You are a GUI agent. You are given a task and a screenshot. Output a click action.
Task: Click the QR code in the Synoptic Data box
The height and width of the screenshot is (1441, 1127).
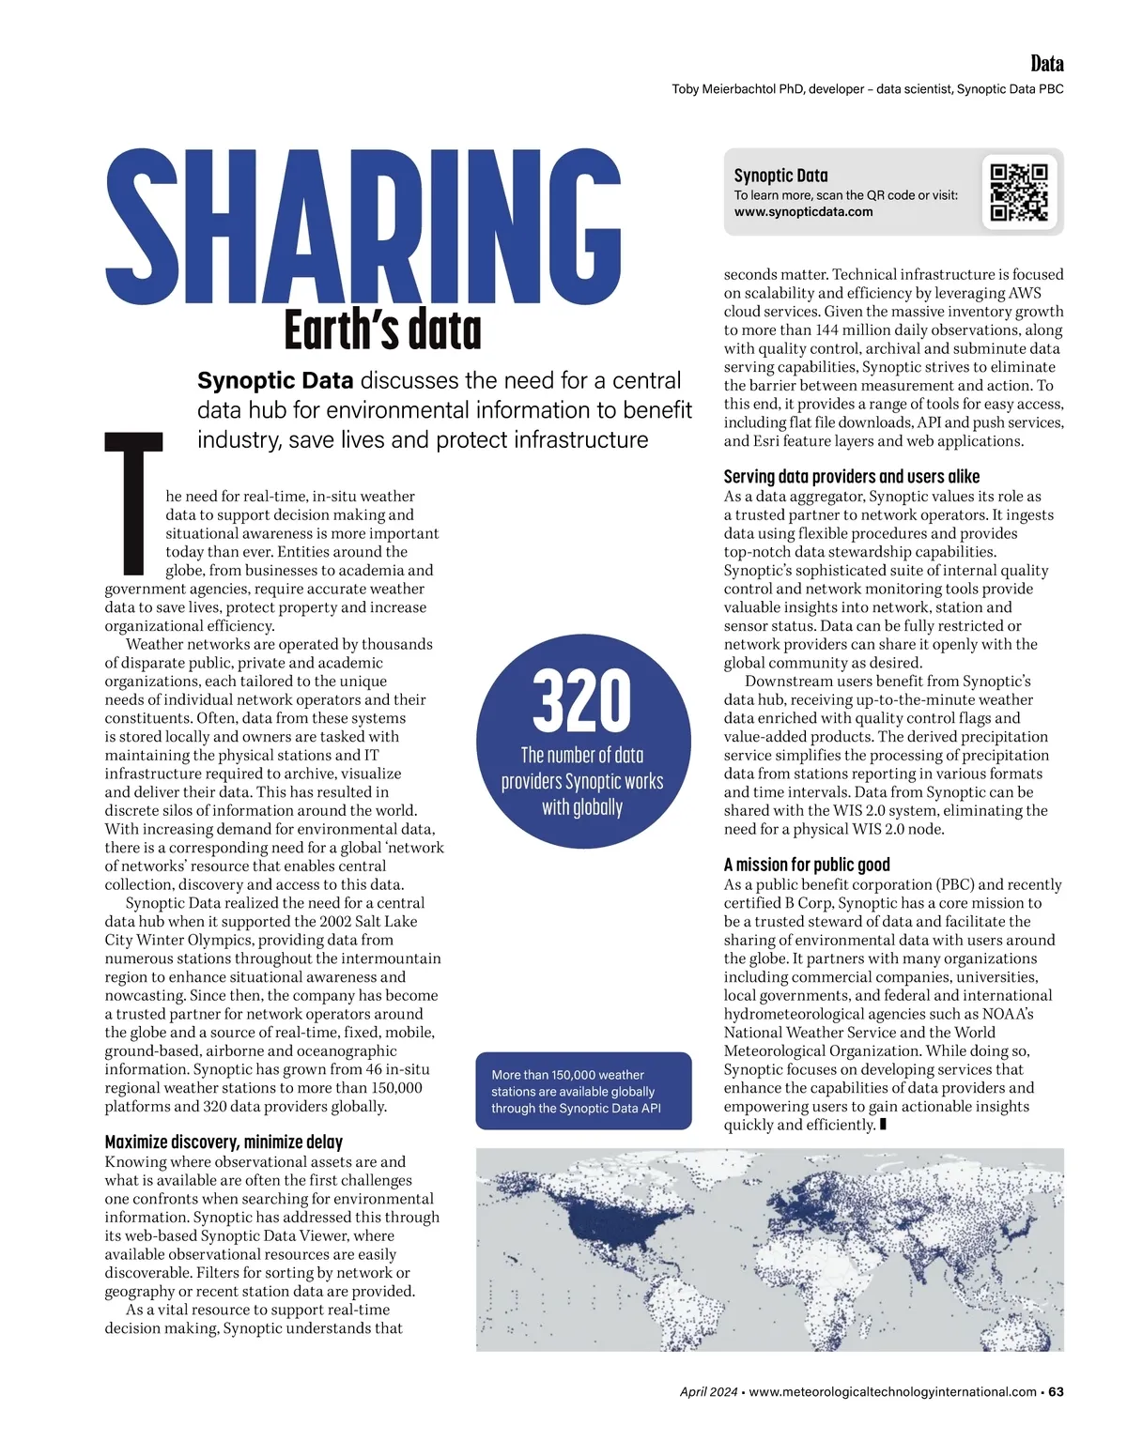[1019, 192]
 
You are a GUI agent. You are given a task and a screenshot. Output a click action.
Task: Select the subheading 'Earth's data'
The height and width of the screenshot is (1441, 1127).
[382, 330]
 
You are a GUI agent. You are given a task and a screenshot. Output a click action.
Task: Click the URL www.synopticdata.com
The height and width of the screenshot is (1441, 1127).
[803, 212]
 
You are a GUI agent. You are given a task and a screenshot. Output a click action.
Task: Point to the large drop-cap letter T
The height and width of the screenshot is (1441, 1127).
[133, 502]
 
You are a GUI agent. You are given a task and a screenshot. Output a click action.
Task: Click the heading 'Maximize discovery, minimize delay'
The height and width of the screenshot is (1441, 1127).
[224, 1142]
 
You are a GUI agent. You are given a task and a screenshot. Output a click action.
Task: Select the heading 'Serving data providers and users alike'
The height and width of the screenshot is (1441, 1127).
[851, 476]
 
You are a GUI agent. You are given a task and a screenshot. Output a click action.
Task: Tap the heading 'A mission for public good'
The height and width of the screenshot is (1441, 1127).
[807, 865]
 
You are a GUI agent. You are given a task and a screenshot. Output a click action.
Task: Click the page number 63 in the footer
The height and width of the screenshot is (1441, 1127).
[1056, 1392]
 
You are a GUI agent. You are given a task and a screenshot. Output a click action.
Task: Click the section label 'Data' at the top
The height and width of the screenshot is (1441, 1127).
[1046, 64]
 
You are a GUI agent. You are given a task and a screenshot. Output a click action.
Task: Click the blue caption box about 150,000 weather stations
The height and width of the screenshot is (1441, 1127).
[583, 1091]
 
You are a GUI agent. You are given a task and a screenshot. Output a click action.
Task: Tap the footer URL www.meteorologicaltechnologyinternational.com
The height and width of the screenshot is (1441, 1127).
[892, 1392]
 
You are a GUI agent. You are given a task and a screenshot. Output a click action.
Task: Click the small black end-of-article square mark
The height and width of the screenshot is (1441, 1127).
[883, 1125]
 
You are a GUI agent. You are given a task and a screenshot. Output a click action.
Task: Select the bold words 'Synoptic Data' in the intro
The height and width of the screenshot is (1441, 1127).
[275, 380]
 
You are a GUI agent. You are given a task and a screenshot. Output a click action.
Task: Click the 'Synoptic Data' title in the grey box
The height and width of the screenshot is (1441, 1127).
[780, 176]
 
